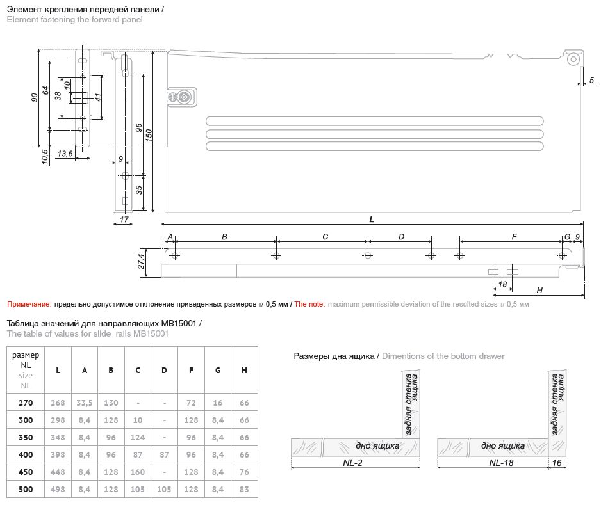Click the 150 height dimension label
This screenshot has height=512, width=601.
pos(149,135)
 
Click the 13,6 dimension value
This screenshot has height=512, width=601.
pos(65,154)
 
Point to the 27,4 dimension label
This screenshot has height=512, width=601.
pos(141,261)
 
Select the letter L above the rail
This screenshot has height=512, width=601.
pos(372,220)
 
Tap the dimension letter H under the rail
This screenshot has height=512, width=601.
pos(539,291)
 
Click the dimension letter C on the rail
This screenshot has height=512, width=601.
pos(325,237)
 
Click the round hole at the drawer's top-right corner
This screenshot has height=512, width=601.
pos(573,60)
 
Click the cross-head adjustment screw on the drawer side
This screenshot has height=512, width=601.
pos(185,97)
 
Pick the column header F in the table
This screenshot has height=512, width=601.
pos(191,371)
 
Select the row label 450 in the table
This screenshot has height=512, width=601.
pos(26,472)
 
